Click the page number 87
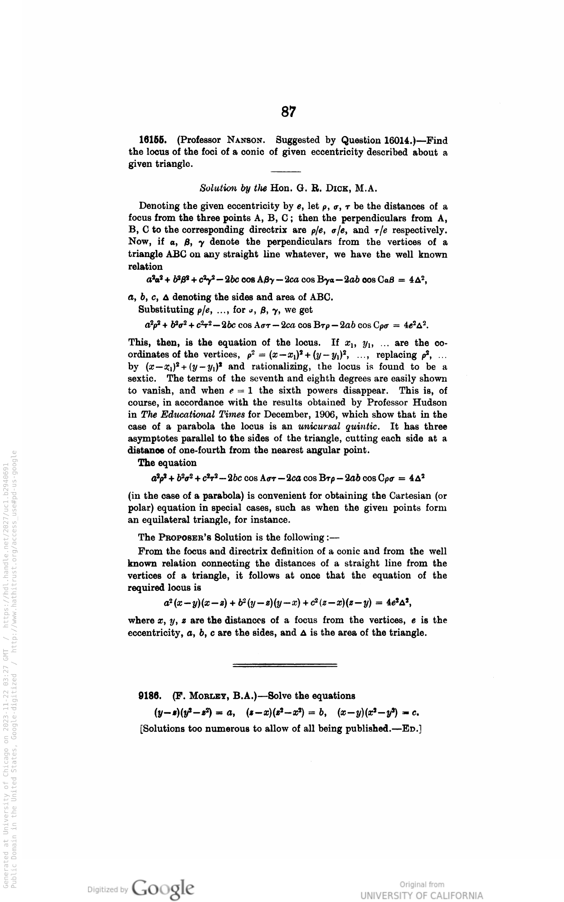[x=288, y=112]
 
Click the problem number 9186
[x=150, y=695]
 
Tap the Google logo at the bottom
[x=164, y=887]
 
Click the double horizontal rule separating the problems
[x=285, y=665]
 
